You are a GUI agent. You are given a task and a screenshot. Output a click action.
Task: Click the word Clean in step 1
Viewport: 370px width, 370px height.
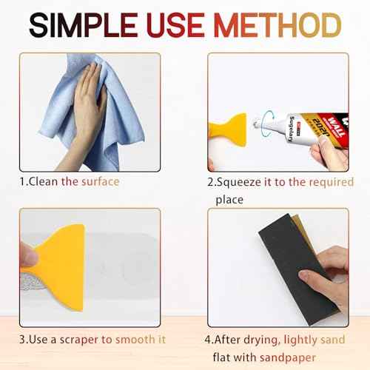[45, 181]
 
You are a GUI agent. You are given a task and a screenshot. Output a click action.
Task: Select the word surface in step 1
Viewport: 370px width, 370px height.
[100, 181]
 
